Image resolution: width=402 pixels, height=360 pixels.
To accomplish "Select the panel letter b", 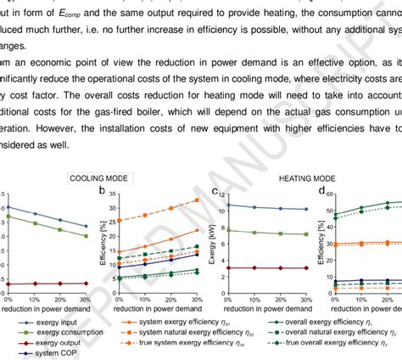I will point(103,192).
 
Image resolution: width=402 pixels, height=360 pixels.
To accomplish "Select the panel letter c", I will point(215,192).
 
